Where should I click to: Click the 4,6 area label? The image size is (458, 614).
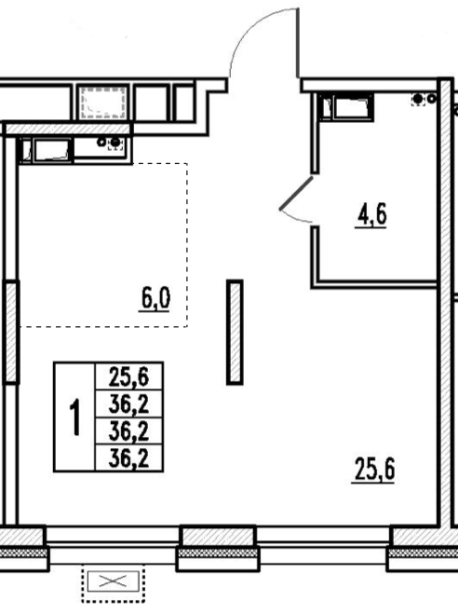(x=371, y=214)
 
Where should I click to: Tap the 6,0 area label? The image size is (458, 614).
(x=155, y=299)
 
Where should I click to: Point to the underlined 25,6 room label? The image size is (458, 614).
(x=373, y=470)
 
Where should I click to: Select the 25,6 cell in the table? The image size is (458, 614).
(x=129, y=376)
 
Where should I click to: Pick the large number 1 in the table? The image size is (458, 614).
(x=74, y=417)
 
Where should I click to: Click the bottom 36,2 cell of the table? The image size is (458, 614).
(x=129, y=458)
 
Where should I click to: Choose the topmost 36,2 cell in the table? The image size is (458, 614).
(x=129, y=404)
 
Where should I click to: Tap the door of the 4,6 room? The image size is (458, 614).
(x=296, y=193)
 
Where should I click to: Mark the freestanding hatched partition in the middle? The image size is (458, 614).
(x=235, y=332)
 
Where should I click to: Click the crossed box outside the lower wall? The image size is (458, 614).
(x=113, y=582)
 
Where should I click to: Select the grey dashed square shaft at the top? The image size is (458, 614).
(x=103, y=102)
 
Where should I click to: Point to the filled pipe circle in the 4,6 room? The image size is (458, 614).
(x=419, y=99)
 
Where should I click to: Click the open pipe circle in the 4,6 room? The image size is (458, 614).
(x=431, y=99)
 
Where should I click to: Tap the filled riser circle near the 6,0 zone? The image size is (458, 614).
(x=115, y=143)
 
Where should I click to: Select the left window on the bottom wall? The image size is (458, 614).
(x=113, y=545)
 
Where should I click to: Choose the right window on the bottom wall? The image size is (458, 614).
(x=323, y=545)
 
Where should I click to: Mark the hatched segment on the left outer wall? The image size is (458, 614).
(x=11, y=332)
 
